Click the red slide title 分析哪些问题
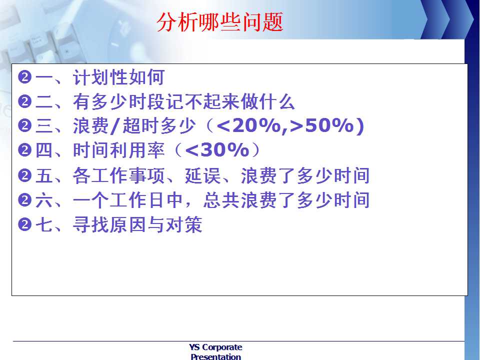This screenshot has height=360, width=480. tap(220, 22)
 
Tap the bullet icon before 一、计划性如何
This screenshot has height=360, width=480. tap(25, 77)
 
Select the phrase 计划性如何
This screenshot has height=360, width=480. tap(119, 77)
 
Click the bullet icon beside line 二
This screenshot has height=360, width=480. tap(25, 101)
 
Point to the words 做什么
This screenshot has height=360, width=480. tap(267, 101)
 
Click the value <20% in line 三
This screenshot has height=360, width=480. tap(248, 125)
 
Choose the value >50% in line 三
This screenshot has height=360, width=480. tap(321, 125)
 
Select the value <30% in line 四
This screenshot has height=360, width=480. tap(217, 150)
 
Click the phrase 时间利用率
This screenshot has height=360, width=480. tap(119, 150)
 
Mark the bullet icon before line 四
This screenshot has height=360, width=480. tap(25, 150)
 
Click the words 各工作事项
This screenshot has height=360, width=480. tap(119, 175)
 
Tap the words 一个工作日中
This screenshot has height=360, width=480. tap(128, 200)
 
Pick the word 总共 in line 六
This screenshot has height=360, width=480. tap(221, 200)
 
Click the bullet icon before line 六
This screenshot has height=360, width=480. tap(25, 200)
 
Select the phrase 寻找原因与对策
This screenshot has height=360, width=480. tap(137, 224)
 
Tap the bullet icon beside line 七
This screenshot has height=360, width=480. tap(25, 225)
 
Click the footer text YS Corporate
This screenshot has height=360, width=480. tap(215, 347)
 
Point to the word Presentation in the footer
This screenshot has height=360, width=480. tap(215, 356)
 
